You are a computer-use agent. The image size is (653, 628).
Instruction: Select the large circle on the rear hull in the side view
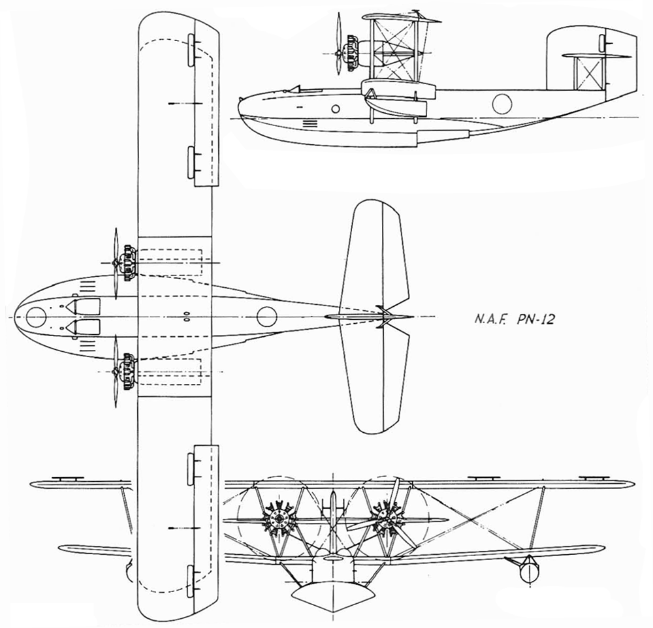502,104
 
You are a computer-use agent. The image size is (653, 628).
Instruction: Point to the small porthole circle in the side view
335,110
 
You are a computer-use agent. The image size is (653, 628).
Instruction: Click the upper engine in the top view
127,262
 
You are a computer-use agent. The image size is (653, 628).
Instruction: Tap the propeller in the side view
338,43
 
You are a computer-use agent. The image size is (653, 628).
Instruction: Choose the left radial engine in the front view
278,519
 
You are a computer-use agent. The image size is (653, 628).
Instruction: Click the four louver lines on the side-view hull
309,123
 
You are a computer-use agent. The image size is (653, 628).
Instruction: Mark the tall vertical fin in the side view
592,57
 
